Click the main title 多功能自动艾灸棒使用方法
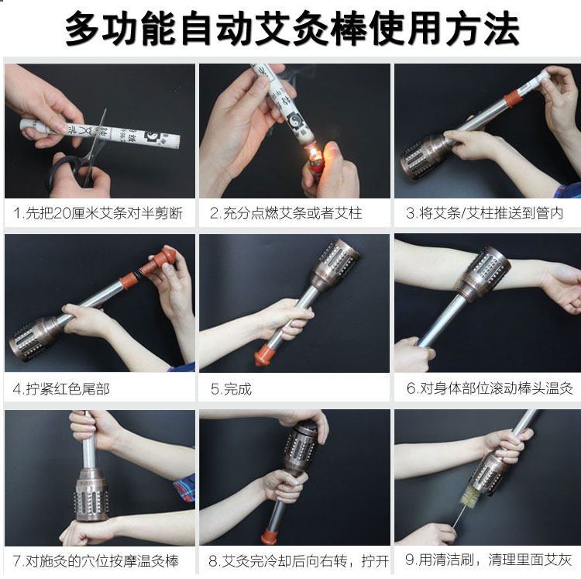pyautogui.click(x=292, y=28)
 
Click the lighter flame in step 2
pyautogui.click(x=315, y=153)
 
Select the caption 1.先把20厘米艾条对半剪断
pyautogui.click(x=98, y=213)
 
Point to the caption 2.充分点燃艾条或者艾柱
pyautogui.click(x=286, y=213)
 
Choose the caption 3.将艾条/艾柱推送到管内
pyautogui.click(x=485, y=213)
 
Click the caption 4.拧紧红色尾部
pyautogui.click(x=61, y=389)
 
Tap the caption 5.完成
pyautogui.click(x=231, y=389)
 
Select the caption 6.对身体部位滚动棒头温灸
pyautogui.click(x=490, y=388)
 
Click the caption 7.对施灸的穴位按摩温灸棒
pyautogui.click(x=96, y=561)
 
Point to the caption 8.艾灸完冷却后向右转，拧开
pyautogui.click(x=299, y=561)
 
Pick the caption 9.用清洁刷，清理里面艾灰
pyautogui.click(x=488, y=560)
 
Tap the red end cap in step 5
pyautogui.click(x=264, y=355)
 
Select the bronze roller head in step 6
pyautogui.click(x=483, y=274)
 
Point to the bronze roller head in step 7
pyautogui.click(x=91, y=495)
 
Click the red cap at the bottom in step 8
pyautogui.click(x=269, y=537)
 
